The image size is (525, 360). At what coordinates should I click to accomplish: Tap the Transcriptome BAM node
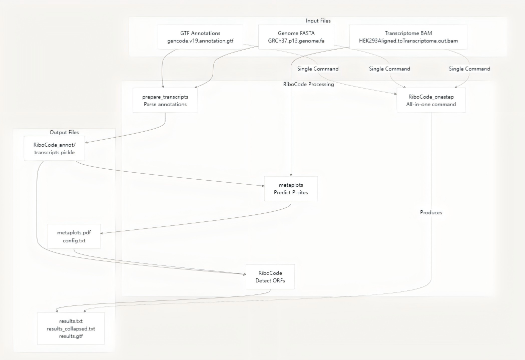[408, 37]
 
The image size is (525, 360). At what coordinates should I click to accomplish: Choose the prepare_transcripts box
[165, 100]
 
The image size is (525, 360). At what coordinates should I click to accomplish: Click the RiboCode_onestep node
[431, 100]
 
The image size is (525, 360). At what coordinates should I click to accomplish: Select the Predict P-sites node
[291, 188]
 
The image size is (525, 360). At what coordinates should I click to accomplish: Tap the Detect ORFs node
[270, 276]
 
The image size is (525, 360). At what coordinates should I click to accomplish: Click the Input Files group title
[318, 21]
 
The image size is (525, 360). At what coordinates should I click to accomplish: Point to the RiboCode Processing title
[308, 84]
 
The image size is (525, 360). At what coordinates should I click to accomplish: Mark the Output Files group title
[64, 132]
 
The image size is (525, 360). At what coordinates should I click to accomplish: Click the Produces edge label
[431, 212]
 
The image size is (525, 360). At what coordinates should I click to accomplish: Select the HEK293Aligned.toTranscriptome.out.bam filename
[408, 41]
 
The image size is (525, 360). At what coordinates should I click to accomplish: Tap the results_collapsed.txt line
[71, 329]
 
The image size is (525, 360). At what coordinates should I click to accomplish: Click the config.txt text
[74, 241]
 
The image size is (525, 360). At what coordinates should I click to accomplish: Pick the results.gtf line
[71, 337]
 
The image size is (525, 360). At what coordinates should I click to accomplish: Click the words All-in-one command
[431, 104]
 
